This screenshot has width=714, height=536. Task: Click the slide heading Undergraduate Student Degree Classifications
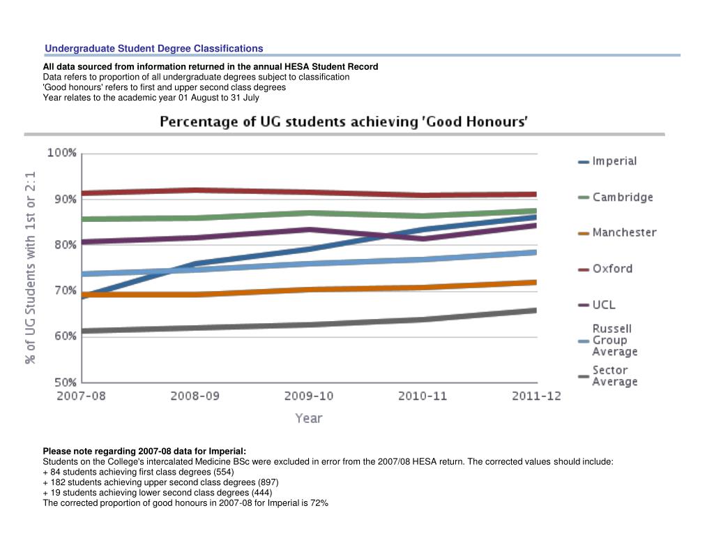pyautogui.click(x=154, y=48)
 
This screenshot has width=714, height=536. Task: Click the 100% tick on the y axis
pyautogui.click(x=61, y=153)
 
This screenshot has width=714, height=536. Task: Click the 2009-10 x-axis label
pyautogui.click(x=309, y=396)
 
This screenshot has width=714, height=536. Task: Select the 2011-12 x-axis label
pyautogui.click(x=535, y=396)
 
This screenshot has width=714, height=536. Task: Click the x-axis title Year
pyautogui.click(x=308, y=418)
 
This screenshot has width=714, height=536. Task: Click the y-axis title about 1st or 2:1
pyautogui.click(x=31, y=268)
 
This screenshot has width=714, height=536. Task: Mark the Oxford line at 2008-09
pyautogui.click(x=195, y=190)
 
